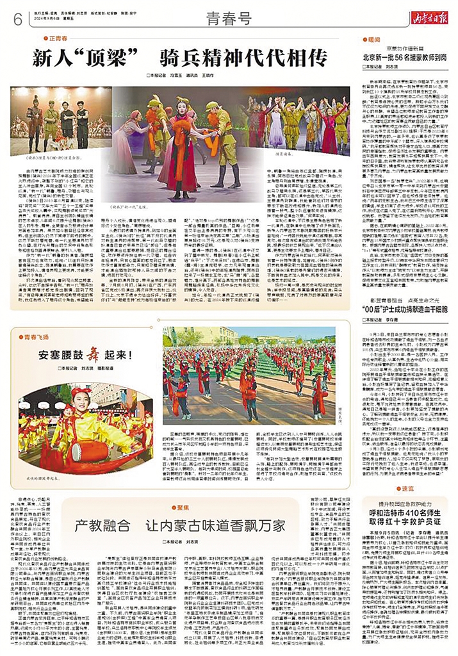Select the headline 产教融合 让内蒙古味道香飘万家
180,527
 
